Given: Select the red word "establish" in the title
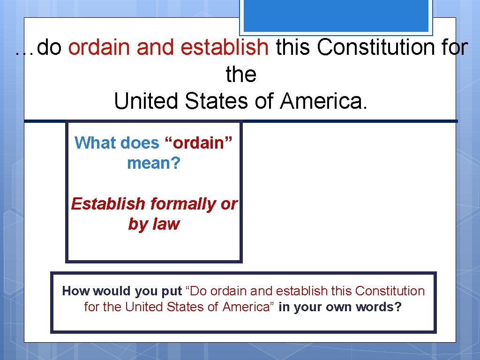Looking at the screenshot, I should pos(225,47).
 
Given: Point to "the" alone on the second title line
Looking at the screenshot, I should pos(241,74).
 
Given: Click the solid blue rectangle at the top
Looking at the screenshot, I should pos(336,15).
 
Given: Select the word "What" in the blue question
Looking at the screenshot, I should pos(94,142).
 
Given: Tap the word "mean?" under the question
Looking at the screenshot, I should pos(153,164).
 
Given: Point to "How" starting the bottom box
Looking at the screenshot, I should pos(75,291).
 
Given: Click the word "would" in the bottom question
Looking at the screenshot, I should pos(112,291).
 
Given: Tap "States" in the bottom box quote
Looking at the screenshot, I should pos(188,307).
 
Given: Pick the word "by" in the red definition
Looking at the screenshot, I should pos(137,225).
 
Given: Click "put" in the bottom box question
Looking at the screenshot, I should pos(172,292).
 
